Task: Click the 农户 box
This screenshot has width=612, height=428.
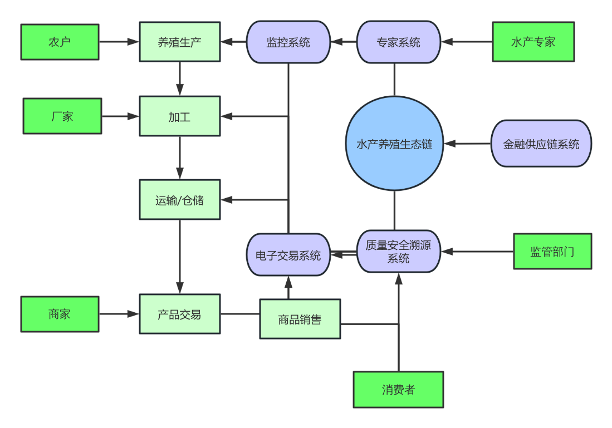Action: (x=60, y=42)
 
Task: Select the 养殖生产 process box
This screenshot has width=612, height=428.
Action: (x=179, y=42)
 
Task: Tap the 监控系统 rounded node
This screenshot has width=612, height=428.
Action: (x=288, y=42)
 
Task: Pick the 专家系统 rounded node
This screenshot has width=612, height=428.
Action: (x=398, y=42)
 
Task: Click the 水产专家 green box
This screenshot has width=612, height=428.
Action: (x=533, y=42)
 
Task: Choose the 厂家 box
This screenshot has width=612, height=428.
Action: (x=62, y=116)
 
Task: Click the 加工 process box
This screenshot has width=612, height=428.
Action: (x=179, y=116)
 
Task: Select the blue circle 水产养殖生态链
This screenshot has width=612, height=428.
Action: (x=394, y=144)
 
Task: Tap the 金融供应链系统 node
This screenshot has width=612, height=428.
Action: (x=541, y=144)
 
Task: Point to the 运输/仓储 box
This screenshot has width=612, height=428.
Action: (x=179, y=200)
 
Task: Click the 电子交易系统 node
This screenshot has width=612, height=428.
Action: (x=288, y=255)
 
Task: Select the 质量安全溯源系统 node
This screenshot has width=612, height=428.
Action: (x=398, y=252)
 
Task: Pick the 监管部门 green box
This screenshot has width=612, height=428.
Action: (x=552, y=252)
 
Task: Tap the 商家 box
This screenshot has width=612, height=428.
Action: (x=60, y=314)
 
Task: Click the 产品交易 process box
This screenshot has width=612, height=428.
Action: (x=179, y=314)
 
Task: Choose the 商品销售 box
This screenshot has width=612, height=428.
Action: (x=300, y=319)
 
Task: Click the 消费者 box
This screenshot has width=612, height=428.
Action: (x=398, y=390)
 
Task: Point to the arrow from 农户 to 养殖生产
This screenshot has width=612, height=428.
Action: (x=119, y=42)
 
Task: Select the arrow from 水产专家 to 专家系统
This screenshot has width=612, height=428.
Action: (x=467, y=42)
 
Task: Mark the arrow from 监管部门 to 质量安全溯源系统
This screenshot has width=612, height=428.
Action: (x=477, y=252)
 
